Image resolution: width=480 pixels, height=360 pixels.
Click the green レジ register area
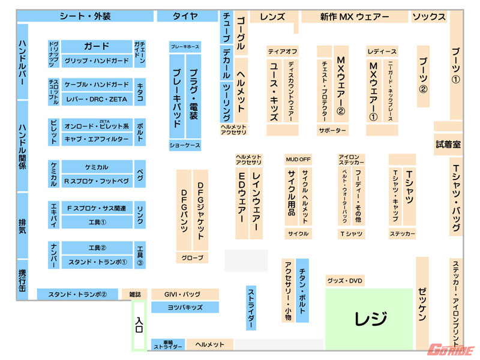369,318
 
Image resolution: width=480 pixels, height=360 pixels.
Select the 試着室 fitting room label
448,144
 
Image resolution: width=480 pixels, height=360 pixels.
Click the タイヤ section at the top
185,16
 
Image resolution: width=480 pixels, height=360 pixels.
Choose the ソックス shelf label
428,17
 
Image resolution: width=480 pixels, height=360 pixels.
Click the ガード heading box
96,46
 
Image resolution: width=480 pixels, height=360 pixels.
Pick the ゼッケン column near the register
422,303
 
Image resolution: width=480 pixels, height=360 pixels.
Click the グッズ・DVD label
345,281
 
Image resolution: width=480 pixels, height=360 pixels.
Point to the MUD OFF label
298,160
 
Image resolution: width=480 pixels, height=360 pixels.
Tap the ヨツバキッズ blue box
184,307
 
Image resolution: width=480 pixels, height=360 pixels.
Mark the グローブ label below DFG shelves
192,258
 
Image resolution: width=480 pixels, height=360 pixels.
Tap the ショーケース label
185,146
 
